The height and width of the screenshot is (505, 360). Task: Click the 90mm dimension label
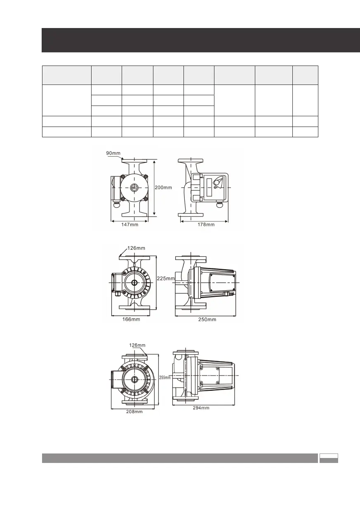(113, 153)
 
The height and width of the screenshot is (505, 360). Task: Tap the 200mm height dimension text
(163, 187)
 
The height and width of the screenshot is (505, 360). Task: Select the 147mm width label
(130, 224)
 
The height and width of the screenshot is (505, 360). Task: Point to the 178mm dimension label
(206, 224)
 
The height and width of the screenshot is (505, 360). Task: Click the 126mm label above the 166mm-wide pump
(136, 248)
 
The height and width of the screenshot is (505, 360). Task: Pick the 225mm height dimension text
(166, 278)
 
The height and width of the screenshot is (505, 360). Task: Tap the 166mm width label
(131, 319)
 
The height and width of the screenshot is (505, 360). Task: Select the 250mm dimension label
(207, 319)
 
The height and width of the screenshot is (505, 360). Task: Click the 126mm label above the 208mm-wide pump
(137, 345)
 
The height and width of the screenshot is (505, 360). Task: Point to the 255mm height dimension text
(165, 377)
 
